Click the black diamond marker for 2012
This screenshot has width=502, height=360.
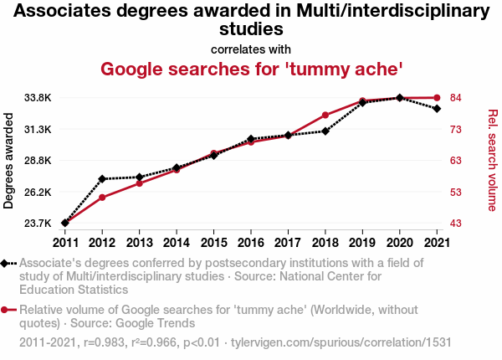102,178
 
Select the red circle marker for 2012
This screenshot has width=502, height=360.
102,198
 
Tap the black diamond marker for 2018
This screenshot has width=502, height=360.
325,131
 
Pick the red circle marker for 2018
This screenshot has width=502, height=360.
325,115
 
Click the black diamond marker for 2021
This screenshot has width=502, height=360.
436,109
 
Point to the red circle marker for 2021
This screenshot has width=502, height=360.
436,98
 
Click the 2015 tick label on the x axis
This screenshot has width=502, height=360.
213,243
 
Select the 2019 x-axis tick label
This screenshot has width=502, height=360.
362,243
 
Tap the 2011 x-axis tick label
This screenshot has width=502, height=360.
65,243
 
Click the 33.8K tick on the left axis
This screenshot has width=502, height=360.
38,98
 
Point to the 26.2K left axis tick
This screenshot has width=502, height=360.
38,192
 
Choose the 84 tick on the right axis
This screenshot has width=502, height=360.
456,98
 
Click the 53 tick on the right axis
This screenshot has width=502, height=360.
456,192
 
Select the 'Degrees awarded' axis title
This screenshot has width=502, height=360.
9,161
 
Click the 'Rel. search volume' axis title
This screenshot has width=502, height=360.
493,161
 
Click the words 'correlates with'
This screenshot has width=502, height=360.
251,49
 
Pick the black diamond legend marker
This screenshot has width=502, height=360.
7,263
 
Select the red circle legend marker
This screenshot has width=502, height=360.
7,310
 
